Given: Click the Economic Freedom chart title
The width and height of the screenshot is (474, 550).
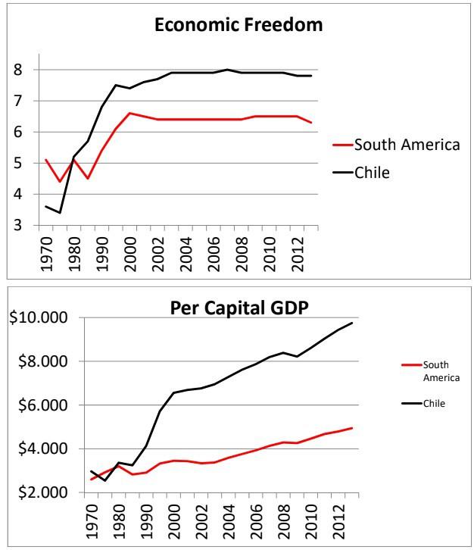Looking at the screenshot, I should click(x=238, y=25).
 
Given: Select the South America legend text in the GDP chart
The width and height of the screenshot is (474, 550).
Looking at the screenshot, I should click(x=437, y=371).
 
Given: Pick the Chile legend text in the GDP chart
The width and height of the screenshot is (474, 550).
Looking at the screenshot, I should click(x=434, y=403).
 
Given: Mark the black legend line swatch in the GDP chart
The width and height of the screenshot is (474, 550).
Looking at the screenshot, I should click(x=410, y=403).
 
